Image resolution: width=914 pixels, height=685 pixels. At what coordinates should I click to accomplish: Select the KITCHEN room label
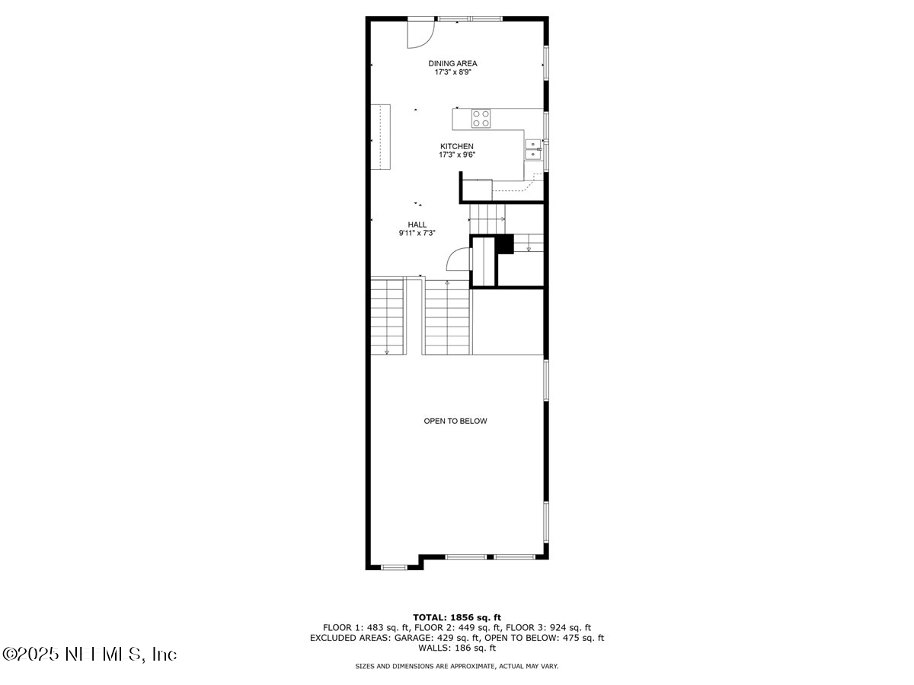[456, 146]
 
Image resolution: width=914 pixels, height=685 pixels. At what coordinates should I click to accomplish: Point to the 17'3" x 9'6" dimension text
[456, 155]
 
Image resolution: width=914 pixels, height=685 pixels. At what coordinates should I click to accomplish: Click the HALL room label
[417, 225]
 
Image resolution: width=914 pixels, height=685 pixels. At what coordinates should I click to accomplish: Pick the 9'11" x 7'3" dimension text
[417, 234]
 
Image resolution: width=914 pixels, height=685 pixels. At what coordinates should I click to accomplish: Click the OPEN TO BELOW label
[455, 421]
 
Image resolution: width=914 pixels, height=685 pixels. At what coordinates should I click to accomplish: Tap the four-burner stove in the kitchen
[481, 118]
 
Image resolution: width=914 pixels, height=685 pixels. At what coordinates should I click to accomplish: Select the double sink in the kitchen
[533, 150]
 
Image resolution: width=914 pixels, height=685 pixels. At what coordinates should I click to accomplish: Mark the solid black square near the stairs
[505, 244]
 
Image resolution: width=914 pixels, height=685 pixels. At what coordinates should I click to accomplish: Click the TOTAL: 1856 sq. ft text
[456, 617]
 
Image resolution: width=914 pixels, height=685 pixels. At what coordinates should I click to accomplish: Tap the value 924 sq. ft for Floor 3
[570, 628]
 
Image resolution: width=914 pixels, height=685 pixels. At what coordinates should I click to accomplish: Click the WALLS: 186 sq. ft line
[456, 648]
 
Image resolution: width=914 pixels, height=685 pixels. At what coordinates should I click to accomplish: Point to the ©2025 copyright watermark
[89, 654]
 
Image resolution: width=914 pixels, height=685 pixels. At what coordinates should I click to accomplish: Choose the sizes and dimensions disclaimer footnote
[456, 666]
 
